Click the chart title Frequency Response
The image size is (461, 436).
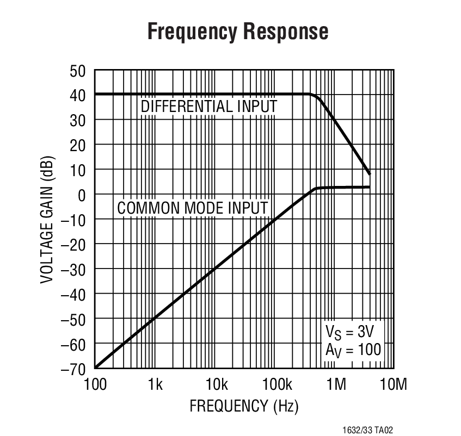tap(238, 32)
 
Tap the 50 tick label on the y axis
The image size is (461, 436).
tap(78, 71)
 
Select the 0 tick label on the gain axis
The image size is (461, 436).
tap(83, 195)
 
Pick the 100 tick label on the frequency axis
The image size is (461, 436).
tap(95, 385)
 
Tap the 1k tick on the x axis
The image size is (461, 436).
tap(155, 385)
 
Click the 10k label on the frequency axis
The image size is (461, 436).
tap(216, 385)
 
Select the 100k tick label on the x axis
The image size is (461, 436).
tap(276, 385)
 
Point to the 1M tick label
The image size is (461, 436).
tap(336, 385)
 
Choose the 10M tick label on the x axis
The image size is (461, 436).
tap(393, 385)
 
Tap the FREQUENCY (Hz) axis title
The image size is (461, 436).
tap(244, 406)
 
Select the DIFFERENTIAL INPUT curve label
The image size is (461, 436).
tap(209, 107)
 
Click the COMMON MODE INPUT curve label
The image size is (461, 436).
tap(193, 208)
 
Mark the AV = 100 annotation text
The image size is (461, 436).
tap(353, 349)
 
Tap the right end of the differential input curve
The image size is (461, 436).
tap(370, 174)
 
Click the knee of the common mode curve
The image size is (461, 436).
tap(317, 188)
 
